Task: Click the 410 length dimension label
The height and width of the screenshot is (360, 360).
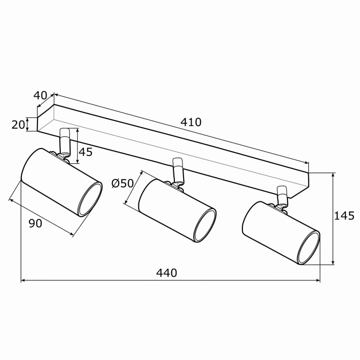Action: tap(191, 122)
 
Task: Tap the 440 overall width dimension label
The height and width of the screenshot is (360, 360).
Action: tap(167, 273)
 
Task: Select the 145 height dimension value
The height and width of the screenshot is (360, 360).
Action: tap(344, 216)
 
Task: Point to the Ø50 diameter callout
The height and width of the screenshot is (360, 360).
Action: tap(123, 183)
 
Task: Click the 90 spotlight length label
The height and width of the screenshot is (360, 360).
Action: tap(35, 223)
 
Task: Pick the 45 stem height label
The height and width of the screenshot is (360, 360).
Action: tap(86, 152)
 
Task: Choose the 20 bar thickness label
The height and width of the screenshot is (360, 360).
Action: tap(18, 125)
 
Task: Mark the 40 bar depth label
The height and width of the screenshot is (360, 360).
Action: tap(40, 95)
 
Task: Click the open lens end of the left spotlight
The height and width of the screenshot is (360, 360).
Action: tap(90, 199)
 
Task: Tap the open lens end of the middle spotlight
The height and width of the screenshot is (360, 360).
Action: tap(205, 226)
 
